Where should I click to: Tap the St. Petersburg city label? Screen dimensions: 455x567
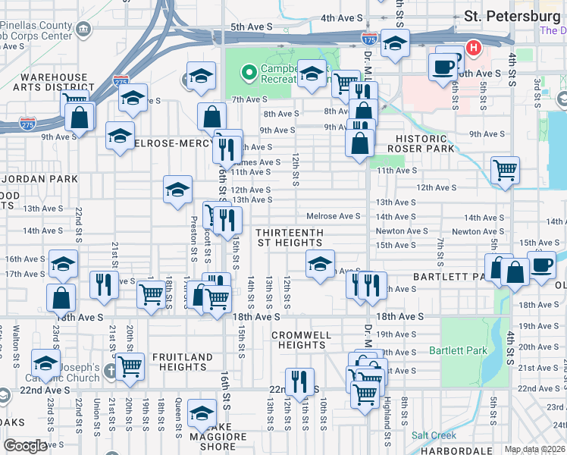[x=512, y=16]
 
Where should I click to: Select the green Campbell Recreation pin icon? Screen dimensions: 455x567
[x=247, y=73]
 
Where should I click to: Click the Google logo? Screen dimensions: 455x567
[x=25, y=446]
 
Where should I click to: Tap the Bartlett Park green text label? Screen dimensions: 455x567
[x=458, y=350]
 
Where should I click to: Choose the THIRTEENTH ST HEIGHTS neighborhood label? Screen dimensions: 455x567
[x=290, y=237]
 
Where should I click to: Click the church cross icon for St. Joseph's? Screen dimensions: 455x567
[x=111, y=372]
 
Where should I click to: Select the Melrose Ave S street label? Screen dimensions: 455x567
[x=333, y=216]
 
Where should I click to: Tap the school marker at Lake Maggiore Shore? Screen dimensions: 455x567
[x=202, y=414]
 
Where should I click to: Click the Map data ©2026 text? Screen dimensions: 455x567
[x=534, y=449]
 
